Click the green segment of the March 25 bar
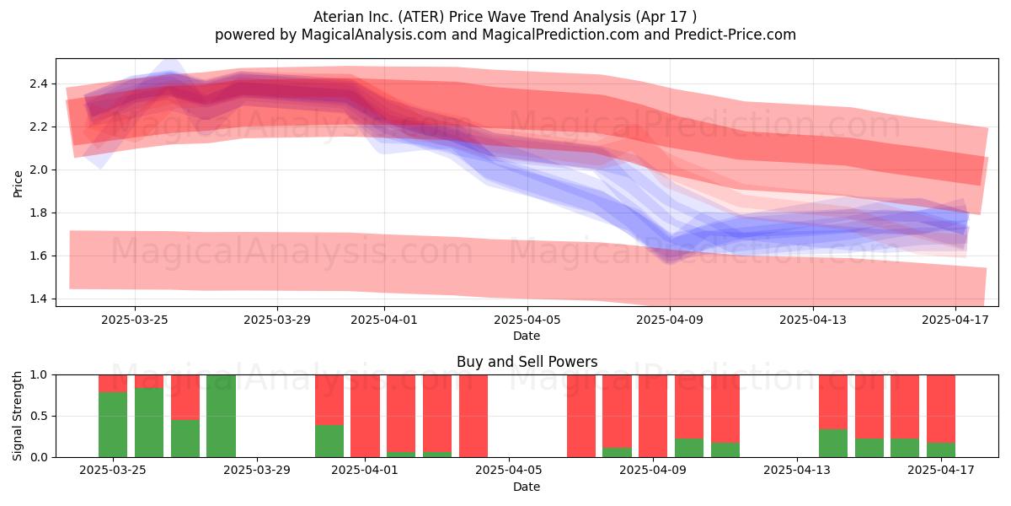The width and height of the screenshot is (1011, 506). (x=113, y=424)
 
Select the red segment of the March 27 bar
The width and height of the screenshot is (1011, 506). (x=185, y=397)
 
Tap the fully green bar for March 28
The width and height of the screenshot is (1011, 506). (x=221, y=416)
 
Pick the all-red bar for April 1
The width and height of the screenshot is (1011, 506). (x=365, y=416)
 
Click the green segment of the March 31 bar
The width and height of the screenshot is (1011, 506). (x=329, y=441)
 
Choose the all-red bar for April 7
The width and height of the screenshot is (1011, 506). (x=581, y=416)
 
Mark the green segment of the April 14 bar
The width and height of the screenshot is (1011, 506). (x=833, y=444)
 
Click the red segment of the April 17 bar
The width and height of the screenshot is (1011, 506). (x=941, y=409)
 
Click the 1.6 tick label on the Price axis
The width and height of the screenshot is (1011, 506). (x=39, y=256)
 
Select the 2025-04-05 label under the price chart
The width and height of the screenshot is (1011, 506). (x=527, y=320)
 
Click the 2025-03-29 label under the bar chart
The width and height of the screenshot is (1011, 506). (x=257, y=471)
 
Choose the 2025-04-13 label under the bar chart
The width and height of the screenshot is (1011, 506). (x=797, y=471)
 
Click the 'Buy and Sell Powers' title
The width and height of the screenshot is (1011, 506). (x=527, y=362)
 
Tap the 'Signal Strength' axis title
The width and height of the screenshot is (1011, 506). (x=17, y=416)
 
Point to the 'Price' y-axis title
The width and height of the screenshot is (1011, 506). (x=18, y=184)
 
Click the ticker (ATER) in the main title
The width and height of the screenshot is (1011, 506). (x=421, y=17)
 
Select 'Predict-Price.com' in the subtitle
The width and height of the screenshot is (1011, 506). (x=736, y=35)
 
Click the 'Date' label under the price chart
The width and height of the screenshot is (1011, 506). (x=527, y=336)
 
